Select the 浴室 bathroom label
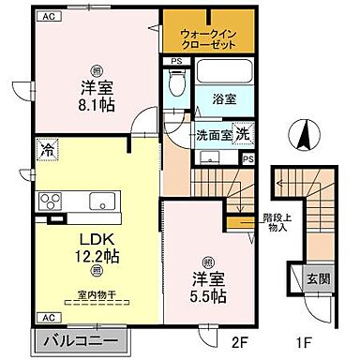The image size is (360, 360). coord(222,96)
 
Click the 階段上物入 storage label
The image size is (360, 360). coord(275,222)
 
